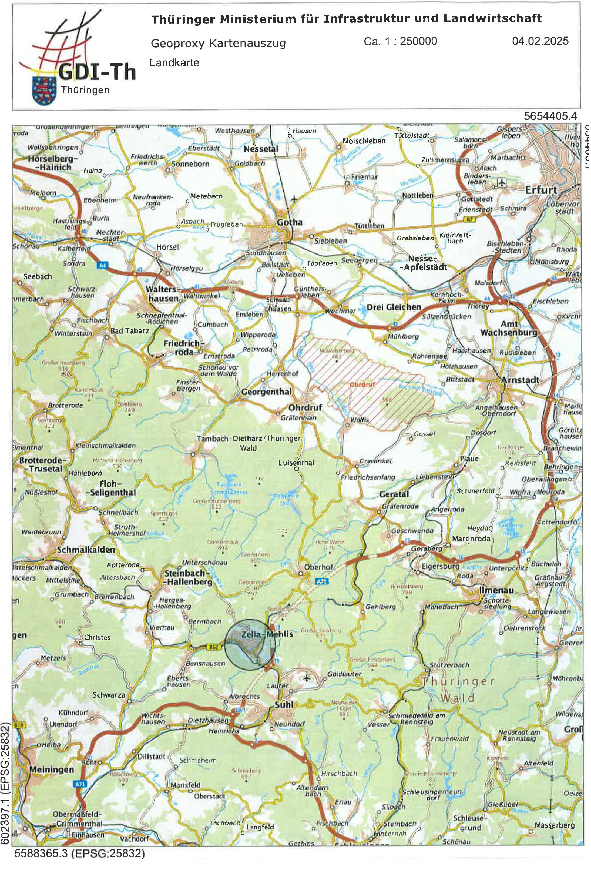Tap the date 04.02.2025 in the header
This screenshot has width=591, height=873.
pos(540,41)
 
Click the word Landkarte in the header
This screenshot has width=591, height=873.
pos(174,63)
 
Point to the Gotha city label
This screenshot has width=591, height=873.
pos(290,222)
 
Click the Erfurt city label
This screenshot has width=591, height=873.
pos(541,190)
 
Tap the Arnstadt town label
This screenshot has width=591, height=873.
pos(520,380)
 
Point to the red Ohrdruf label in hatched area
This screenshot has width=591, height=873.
pos(362,385)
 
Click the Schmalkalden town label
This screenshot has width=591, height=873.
pos(86,550)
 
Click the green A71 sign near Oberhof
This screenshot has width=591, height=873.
pos(322,581)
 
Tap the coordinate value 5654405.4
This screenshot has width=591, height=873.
pos(550,116)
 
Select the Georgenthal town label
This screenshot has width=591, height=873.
pos(266,392)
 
